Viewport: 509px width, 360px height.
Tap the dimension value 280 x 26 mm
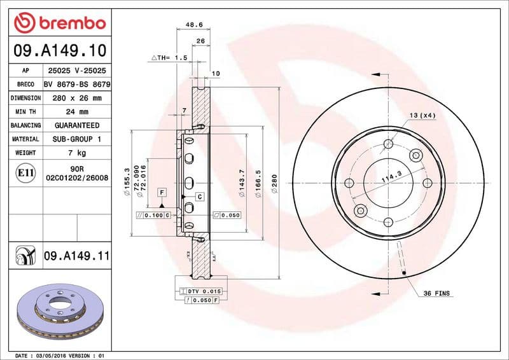click(x=76, y=98)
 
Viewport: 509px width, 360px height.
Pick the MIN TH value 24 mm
click(x=76, y=112)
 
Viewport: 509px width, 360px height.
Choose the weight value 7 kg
click(x=76, y=153)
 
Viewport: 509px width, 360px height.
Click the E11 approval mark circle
click(x=25, y=172)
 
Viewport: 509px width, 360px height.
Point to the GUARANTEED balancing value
click(x=76, y=125)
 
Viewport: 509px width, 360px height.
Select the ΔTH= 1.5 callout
click(x=169, y=58)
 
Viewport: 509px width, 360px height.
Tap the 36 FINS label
click(x=436, y=294)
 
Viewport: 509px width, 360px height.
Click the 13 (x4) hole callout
click(x=422, y=115)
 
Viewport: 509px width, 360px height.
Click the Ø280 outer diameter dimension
click(x=275, y=184)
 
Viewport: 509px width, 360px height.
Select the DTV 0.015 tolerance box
click(x=203, y=290)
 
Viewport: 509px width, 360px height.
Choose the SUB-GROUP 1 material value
click(x=76, y=139)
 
